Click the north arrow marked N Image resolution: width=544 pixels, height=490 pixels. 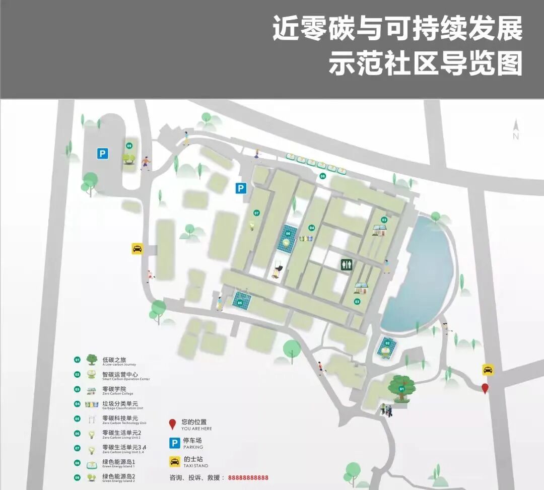515,130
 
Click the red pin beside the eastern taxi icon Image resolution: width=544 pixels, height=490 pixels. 485,389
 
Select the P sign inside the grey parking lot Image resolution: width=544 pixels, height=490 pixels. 103,153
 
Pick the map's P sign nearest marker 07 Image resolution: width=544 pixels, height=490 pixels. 241,188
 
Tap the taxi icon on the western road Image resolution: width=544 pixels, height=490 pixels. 137,248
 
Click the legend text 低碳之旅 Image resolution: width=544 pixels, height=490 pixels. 114,360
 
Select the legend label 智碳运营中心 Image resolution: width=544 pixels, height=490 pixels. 120,374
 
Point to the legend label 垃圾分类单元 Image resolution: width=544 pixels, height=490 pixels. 120,403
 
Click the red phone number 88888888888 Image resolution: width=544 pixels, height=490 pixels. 248,478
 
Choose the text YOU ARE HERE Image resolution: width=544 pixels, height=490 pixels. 196,429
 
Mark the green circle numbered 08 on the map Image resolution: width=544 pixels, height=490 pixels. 323,176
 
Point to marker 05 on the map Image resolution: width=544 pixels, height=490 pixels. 240,303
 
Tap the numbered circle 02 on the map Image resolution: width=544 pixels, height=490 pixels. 387,343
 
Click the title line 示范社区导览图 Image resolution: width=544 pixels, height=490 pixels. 426,64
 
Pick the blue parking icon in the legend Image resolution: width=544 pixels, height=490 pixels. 174,443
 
